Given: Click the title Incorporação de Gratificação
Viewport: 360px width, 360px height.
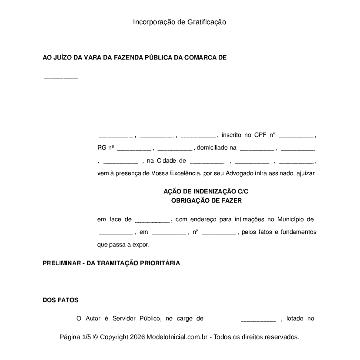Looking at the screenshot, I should click(x=180, y=22).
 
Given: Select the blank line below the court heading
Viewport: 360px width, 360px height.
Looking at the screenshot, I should click(x=61, y=79).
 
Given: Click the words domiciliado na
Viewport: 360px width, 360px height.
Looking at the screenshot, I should click(x=217, y=148).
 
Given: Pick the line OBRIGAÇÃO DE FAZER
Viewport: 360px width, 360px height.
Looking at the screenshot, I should click(x=207, y=201).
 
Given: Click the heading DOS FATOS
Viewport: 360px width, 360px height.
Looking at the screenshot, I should click(x=60, y=300).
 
